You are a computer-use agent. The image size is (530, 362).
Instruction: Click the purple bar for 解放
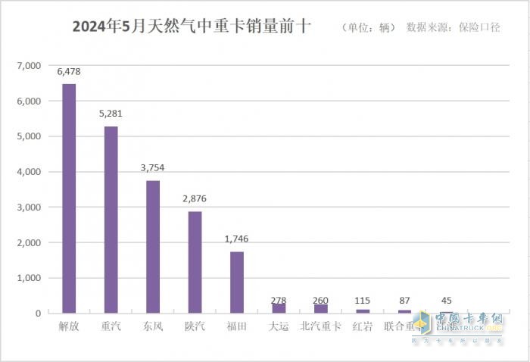point(69,198)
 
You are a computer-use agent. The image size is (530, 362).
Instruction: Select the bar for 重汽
point(111,220)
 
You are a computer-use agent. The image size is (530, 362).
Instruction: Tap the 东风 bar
point(153,246)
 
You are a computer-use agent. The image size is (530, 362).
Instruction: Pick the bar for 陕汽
point(195,262)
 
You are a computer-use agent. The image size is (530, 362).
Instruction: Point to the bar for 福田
point(237,282)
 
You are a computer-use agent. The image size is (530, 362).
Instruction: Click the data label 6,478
point(69,72)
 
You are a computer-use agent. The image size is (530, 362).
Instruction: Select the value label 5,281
point(111,114)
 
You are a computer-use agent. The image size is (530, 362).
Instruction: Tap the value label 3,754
point(153,168)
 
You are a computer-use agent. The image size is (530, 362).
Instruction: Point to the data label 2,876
point(195,199)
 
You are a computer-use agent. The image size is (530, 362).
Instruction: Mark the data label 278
point(279,301)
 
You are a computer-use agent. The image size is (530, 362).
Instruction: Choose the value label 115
point(363,301)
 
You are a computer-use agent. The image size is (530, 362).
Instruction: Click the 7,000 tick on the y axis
point(28,66)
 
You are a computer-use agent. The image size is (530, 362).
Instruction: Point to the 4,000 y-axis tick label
point(28,172)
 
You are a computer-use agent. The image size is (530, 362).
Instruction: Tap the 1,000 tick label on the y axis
point(28,278)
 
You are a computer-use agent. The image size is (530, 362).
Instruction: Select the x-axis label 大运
point(279,326)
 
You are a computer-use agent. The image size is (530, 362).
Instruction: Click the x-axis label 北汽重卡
point(320,326)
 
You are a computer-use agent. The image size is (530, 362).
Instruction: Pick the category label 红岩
point(363,326)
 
